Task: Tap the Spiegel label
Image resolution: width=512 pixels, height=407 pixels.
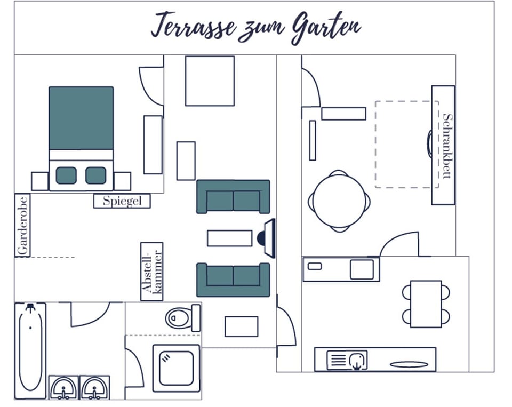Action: pos(122,201)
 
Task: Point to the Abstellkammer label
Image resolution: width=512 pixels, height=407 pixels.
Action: pos(152,271)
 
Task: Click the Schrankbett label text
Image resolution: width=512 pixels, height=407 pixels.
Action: pos(447,145)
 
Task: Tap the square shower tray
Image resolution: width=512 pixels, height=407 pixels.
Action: pos(176,368)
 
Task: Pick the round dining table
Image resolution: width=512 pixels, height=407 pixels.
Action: pos(339,201)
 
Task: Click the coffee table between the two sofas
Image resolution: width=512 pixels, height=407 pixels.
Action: pos(229,238)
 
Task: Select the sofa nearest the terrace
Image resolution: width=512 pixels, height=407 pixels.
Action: pos(233,197)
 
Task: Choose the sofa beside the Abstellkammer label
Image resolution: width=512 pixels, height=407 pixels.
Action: pos(233,280)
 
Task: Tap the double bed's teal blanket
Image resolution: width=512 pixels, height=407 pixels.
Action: pos(81,118)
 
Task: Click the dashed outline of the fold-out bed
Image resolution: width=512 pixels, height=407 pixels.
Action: pos(375,144)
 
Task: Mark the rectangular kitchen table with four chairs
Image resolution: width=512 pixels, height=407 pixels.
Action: pos(426,304)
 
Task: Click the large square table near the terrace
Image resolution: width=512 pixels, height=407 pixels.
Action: pos(210,81)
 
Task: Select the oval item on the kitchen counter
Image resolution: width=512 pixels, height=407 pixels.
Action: pos(409,364)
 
